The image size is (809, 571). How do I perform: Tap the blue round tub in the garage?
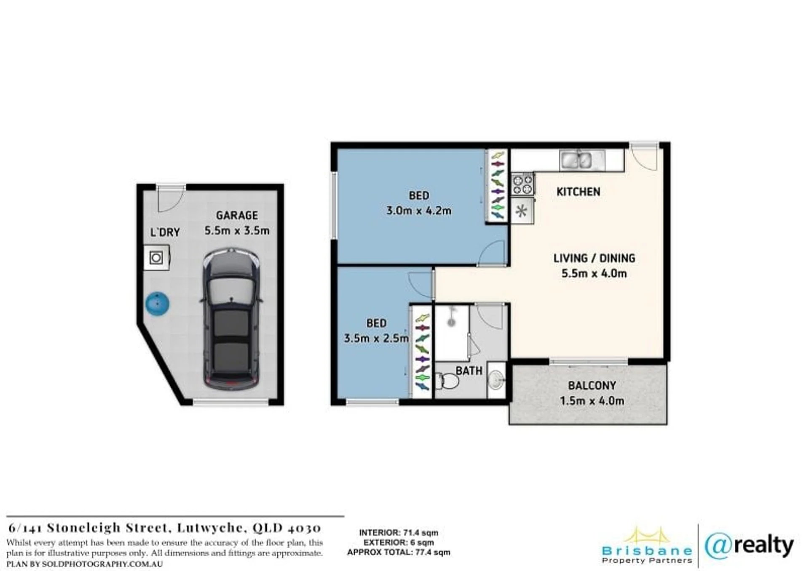[157, 303]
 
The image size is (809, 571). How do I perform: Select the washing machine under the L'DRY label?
[156, 257]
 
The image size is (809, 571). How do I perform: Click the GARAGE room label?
[237, 216]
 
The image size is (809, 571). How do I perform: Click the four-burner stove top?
[522, 184]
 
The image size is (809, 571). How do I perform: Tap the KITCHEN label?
[578, 192]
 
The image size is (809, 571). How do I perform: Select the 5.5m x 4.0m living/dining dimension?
[594, 274]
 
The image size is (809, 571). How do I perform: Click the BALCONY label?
[592, 385]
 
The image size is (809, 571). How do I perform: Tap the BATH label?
[469, 371]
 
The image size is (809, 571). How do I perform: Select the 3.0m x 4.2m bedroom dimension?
[419, 211]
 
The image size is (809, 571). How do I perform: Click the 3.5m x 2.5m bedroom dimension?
[376, 338]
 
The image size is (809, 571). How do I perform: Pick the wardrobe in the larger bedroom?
[497, 186]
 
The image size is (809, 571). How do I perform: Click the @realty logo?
[749, 546]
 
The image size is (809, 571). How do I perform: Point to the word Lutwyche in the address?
[210, 528]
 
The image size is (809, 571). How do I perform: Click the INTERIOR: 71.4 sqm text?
[399, 533]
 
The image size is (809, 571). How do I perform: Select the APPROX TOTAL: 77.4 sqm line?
[399, 552]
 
